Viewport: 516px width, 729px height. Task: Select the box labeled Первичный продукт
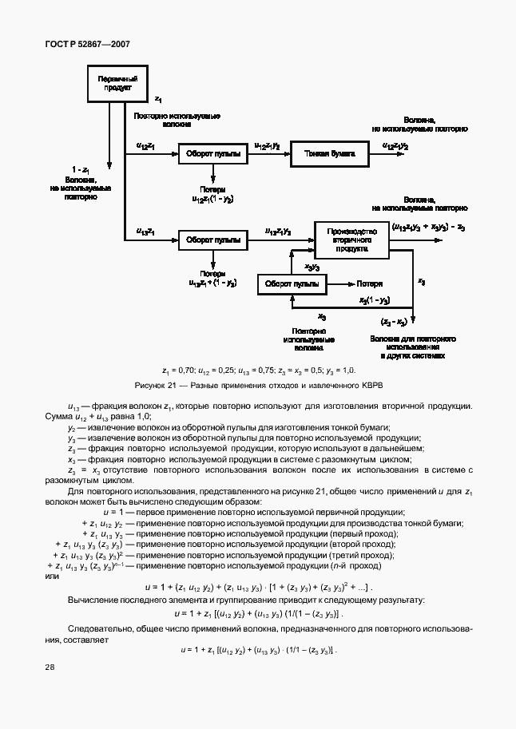coord(117,84)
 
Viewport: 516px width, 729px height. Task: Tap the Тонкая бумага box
coord(329,152)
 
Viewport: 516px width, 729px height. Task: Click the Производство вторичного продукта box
coord(351,239)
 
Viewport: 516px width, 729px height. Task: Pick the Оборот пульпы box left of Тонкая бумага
coord(212,152)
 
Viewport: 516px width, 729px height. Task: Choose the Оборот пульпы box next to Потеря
coord(292,283)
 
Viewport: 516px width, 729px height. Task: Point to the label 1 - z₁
coord(80,170)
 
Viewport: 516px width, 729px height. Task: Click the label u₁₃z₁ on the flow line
coord(146,232)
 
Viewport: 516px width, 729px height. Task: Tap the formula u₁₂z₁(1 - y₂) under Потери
coord(213,197)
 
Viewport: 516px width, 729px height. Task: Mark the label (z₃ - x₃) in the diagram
coord(393,321)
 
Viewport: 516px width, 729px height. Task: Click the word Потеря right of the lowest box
coord(369,283)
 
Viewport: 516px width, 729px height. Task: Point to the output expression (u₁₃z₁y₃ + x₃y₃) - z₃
coord(427,228)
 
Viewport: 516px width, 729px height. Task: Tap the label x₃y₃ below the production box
coord(312,267)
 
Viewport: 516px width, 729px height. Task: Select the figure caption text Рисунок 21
coord(258,386)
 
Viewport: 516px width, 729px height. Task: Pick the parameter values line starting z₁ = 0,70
coord(258,370)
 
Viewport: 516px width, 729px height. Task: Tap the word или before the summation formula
coord(53,576)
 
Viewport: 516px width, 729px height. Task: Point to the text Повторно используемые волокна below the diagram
coord(308,339)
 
